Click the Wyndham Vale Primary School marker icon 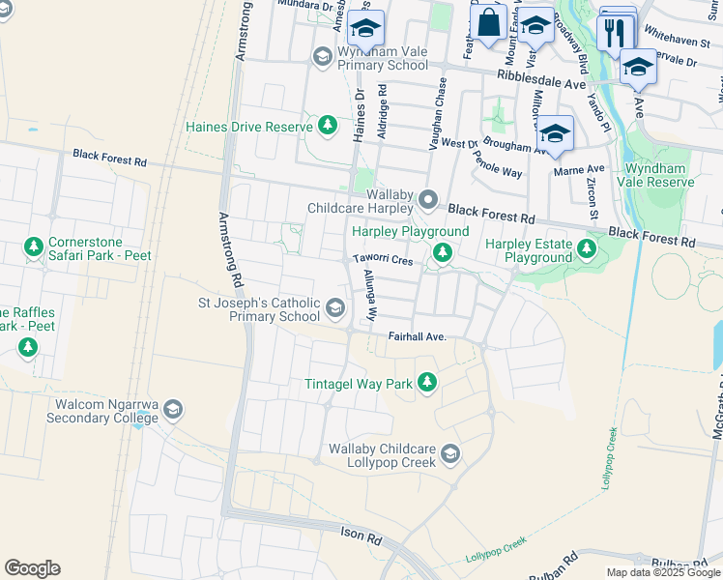pos(322,57)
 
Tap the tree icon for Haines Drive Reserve pos(328,126)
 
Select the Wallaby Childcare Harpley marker pos(428,200)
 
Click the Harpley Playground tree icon pos(443,253)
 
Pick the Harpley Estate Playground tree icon pos(586,250)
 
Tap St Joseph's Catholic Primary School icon pos(335,308)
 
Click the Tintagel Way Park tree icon pos(426,384)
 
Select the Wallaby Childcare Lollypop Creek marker pos(450,453)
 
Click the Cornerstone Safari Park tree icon pos(35,248)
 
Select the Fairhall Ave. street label pos(417,336)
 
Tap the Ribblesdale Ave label pos(541,79)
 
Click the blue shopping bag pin pos(490,22)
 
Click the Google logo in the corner pos(32,568)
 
